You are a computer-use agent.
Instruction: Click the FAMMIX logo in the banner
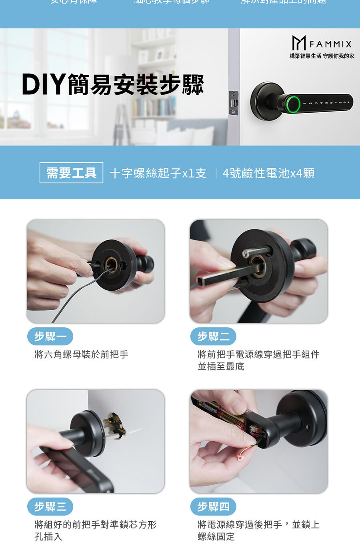coord(322,43)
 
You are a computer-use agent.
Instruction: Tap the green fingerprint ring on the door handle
coord(293,104)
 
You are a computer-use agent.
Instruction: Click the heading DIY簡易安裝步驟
coord(113,85)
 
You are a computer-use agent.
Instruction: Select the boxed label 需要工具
coord(71,173)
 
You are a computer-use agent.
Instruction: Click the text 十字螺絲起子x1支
coord(158,173)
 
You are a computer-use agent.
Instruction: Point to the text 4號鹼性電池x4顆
coord(268,173)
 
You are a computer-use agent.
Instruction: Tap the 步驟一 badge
coord(50,337)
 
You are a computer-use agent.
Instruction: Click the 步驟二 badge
coord(213,337)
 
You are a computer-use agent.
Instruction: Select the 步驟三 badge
coord(50,507)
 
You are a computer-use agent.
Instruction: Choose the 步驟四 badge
coord(213,507)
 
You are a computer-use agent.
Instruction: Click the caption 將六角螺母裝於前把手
coord(81,355)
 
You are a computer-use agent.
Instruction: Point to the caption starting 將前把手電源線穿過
coord(258,360)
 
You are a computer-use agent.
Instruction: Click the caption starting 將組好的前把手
coord(95,530)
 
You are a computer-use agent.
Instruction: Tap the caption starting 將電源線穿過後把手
coord(258,530)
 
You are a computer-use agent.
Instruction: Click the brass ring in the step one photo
coord(111,264)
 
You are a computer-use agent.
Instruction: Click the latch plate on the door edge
coord(233,103)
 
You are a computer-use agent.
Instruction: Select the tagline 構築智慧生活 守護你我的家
coord(322,56)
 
